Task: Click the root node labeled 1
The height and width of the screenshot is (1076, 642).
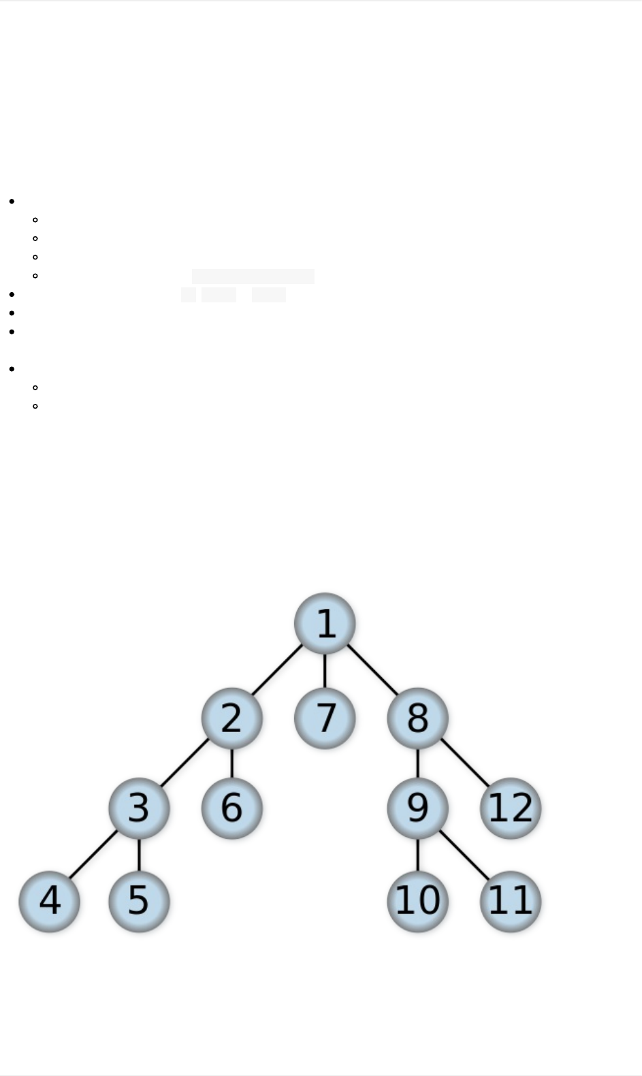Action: tap(325, 623)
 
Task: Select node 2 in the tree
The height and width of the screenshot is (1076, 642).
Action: tap(231, 718)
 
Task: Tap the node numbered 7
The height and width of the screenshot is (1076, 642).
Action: tap(325, 718)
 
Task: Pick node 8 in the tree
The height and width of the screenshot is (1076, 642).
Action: tap(417, 718)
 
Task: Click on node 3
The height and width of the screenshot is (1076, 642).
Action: tap(139, 808)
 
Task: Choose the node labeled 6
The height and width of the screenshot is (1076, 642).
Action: tap(231, 808)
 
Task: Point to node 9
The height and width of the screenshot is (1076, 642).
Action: tap(417, 808)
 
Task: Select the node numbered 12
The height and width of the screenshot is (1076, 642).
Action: tap(511, 808)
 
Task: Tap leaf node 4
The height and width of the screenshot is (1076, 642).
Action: tap(49, 901)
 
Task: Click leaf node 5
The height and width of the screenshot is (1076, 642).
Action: tap(139, 901)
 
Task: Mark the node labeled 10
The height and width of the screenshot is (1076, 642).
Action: tap(417, 901)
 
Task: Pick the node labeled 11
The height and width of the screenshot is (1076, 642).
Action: tap(511, 901)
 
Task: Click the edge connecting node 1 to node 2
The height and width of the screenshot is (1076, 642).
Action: tap(278, 670)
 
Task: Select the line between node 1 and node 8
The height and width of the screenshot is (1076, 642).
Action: tap(372, 670)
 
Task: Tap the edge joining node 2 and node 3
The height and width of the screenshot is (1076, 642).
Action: tap(185, 763)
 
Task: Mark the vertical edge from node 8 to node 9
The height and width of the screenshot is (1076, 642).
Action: tap(417, 763)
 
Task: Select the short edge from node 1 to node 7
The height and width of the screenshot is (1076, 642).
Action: tap(325, 670)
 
